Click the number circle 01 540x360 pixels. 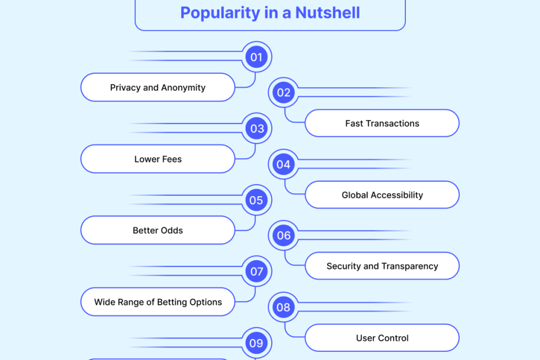[x=257, y=57]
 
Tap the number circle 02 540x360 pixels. [x=284, y=92]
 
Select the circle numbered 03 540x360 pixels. [x=257, y=128]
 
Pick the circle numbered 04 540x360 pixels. [x=284, y=164]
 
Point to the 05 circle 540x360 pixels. [x=257, y=200]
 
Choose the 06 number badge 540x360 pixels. [x=284, y=236]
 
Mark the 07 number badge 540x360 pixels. [x=257, y=272]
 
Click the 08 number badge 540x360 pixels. [x=284, y=307]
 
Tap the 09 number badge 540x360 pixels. [x=257, y=343]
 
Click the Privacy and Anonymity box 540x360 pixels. [x=158, y=88]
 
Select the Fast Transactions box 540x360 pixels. [x=382, y=123]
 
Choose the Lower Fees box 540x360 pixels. [x=158, y=159]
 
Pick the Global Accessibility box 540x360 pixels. [x=382, y=195]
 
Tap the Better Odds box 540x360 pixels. [x=158, y=231]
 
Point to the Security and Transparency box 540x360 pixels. [x=382, y=266]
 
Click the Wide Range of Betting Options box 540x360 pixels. [x=158, y=302]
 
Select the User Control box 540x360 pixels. [x=382, y=338]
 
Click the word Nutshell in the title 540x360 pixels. [x=327, y=13]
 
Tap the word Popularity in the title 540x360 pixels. [x=221, y=13]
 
